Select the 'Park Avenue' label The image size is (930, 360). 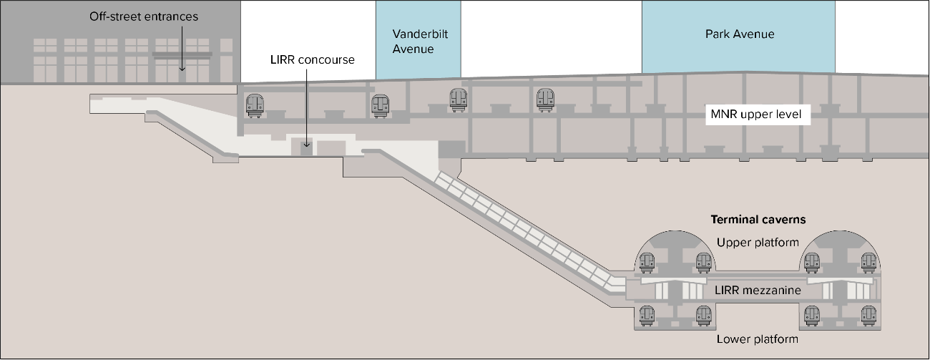(x=740, y=34)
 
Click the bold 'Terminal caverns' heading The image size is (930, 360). (x=758, y=220)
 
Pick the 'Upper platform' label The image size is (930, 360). (x=758, y=242)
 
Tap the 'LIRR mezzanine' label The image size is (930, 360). (x=758, y=291)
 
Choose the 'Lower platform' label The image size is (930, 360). (x=758, y=339)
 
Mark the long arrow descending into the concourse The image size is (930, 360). (x=306, y=107)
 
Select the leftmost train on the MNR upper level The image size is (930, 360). (x=254, y=105)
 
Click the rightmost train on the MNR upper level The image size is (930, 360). (x=546, y=99)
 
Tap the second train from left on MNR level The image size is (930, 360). (x=380, y=106)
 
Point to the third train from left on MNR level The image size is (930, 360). (x=458, y=99)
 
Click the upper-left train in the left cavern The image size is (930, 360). (x=647, y=263)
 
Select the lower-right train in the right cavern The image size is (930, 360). (x=868, y=316)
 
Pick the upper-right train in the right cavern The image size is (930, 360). (x=868, y=263)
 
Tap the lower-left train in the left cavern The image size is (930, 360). (x=647, y=316)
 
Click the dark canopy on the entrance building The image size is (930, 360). (x=182, y=54)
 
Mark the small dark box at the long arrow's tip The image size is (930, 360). (x=306, y=149)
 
